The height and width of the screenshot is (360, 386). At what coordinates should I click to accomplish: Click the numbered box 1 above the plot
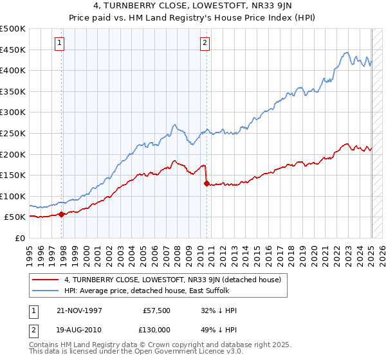(x=59, y=43)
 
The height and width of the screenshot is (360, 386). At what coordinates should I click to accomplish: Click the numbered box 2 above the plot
(x=205, y=43)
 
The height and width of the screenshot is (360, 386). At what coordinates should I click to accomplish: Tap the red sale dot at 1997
(x=62, y=214)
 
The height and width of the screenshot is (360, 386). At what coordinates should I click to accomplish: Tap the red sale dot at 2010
(x=207, y=183)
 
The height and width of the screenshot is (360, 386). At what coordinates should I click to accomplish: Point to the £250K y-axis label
(x=13, y=133)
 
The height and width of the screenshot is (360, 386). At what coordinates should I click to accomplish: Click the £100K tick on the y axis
(x=13, y=196)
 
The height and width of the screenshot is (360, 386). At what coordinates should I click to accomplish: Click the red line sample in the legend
(x=46, y=280)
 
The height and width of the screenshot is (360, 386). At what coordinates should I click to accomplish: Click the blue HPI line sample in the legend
(x=46, y=291)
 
